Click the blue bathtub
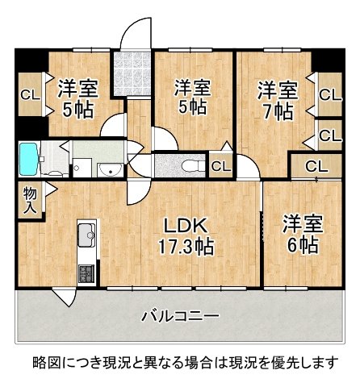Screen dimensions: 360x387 click(28, 159)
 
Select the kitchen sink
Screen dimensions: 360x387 click(86, 235)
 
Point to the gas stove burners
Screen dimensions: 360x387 click(86, 273)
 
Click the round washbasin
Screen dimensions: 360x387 click(111, 170)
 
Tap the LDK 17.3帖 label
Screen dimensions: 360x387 click(186, 236)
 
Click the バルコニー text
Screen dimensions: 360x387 click(180, 316)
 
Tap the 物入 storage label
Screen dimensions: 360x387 click(30, 200)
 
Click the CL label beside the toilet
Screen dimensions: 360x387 click(221, 167)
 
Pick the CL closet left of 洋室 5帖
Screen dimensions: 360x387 click(31, 94)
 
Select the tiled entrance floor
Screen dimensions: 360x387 click(132, 73)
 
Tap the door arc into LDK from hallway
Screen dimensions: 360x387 click(138, 193)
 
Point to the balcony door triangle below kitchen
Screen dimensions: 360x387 click(64, 297)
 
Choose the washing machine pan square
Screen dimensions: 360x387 click(82, 168)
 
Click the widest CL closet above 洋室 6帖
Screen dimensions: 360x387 click(316, 166)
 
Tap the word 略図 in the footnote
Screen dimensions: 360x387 click(42, 363)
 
